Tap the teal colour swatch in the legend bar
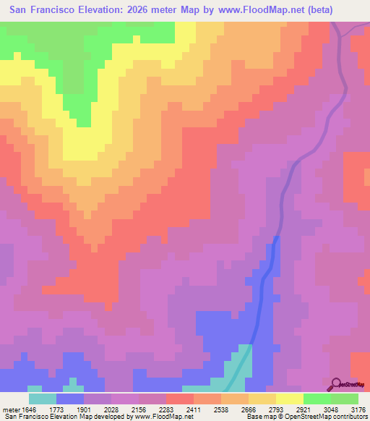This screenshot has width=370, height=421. point(42,398)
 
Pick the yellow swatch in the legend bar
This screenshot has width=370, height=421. point(289,398)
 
